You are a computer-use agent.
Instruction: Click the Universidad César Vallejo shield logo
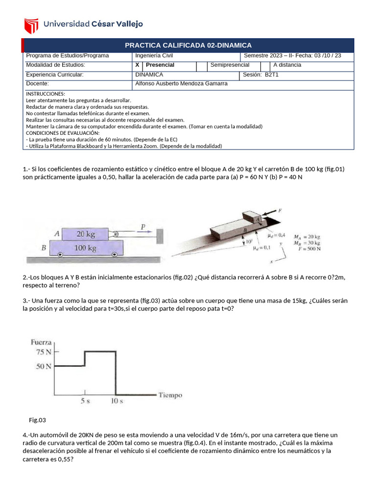pos(31,24)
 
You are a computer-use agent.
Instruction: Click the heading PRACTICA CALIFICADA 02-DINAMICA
pos(188,45)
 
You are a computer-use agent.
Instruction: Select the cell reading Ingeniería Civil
pos(154,56)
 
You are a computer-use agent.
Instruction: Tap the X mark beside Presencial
pos(137,65)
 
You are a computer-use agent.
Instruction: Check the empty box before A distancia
pos(265,65)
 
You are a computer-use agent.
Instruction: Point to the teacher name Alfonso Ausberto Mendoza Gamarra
pos(181,84)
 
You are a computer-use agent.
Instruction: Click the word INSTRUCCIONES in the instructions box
pos(45,94)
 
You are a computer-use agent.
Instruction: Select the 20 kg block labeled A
pos(85,234)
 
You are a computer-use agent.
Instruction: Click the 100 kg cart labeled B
pos(85,248)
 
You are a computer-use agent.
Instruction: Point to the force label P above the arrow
pos(143,227)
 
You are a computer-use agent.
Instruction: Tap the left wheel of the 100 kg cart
pos(60,255)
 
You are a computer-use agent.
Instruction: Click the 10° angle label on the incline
pos(249,242)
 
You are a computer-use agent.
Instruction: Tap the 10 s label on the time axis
pos(116,402)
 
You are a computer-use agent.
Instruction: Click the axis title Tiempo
pos(170,395)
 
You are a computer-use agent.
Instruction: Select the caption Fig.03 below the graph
pos(37,420)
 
